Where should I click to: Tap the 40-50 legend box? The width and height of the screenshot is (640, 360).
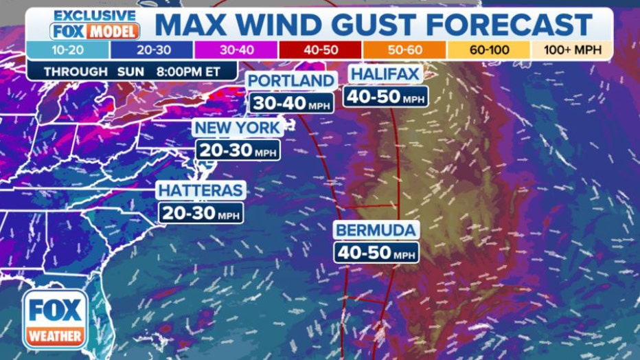319,51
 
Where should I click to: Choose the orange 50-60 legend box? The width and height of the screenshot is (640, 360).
404,51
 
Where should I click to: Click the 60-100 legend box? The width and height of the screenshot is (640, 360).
488,51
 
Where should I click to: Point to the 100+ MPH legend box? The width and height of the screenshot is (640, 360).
572,51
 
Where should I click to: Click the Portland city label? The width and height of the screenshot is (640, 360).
291,81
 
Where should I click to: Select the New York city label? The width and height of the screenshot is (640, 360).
237,128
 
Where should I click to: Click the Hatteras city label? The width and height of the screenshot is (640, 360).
201,190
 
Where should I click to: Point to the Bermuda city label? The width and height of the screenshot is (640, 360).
376,229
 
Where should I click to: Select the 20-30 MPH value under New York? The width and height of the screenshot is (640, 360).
238,150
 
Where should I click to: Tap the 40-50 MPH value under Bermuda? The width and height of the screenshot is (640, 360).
376,251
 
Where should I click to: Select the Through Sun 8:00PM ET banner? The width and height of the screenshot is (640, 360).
132,71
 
